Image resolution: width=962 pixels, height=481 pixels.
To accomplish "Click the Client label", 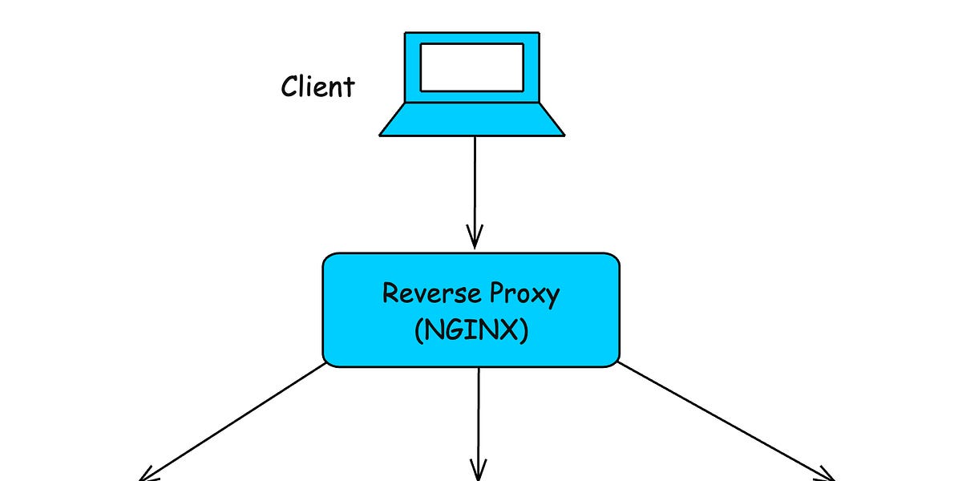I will click(x=317, y=86).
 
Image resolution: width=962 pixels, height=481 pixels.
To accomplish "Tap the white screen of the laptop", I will click(x=471, y=67).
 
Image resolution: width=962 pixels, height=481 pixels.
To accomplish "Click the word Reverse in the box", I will click(x=423, y=293).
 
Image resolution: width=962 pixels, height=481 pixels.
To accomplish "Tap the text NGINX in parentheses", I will click(x=471, y=331).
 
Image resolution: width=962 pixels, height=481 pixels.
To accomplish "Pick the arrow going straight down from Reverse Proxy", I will click(x=479, y=417).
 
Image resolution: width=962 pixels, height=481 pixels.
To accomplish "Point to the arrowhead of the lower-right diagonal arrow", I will click(x=826, y=473).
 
